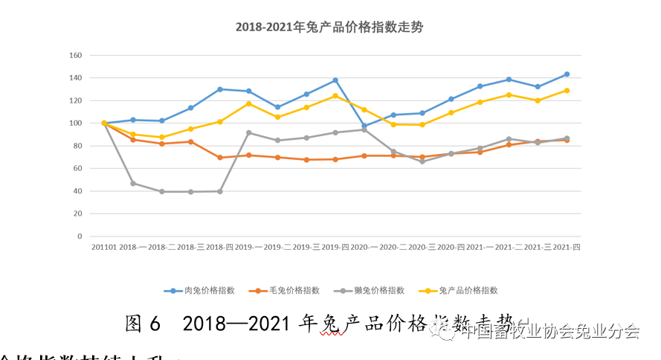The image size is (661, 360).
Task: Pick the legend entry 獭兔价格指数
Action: (x=375, y=290)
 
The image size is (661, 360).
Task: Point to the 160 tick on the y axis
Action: (x=75, y=55)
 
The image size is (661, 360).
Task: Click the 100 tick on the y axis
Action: (x=75, y=123)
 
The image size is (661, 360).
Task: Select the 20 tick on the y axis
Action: (x=77, y=214)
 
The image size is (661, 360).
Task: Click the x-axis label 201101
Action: (x=103, y=247)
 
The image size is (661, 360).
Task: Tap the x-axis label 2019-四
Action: (x=335, y=247)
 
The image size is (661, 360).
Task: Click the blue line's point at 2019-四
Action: (x=335, y=80)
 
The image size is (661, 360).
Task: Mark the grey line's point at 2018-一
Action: (x=133, y=183)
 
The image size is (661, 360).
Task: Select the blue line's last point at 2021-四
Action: (x=567, y=74)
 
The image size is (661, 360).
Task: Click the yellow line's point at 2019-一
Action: (x=248, y=103)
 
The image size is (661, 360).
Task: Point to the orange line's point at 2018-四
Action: (x=219, y=158)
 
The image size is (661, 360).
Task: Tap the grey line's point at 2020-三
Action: (x=422, y=161)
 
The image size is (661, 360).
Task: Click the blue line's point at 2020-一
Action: (x=364, y=126)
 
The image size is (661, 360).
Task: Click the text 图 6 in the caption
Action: (x=143, y=324)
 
